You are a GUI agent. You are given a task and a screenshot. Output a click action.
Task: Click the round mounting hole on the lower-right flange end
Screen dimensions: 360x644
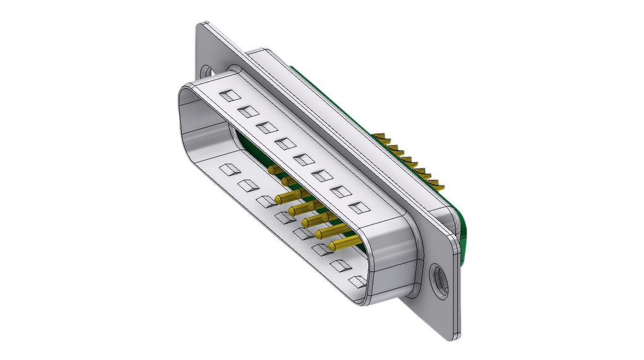click(x=438, y=279)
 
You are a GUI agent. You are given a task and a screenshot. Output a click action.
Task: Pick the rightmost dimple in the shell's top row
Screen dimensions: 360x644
click(x=357, y=207)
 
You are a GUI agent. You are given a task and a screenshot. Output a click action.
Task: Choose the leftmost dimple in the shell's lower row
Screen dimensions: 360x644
click(x=226, y=169)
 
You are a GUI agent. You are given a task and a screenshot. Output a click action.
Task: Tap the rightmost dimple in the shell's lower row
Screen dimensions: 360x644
click(x=358, y=281)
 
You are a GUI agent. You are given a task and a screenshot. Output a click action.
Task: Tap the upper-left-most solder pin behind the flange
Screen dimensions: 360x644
click(x=380, y=136)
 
